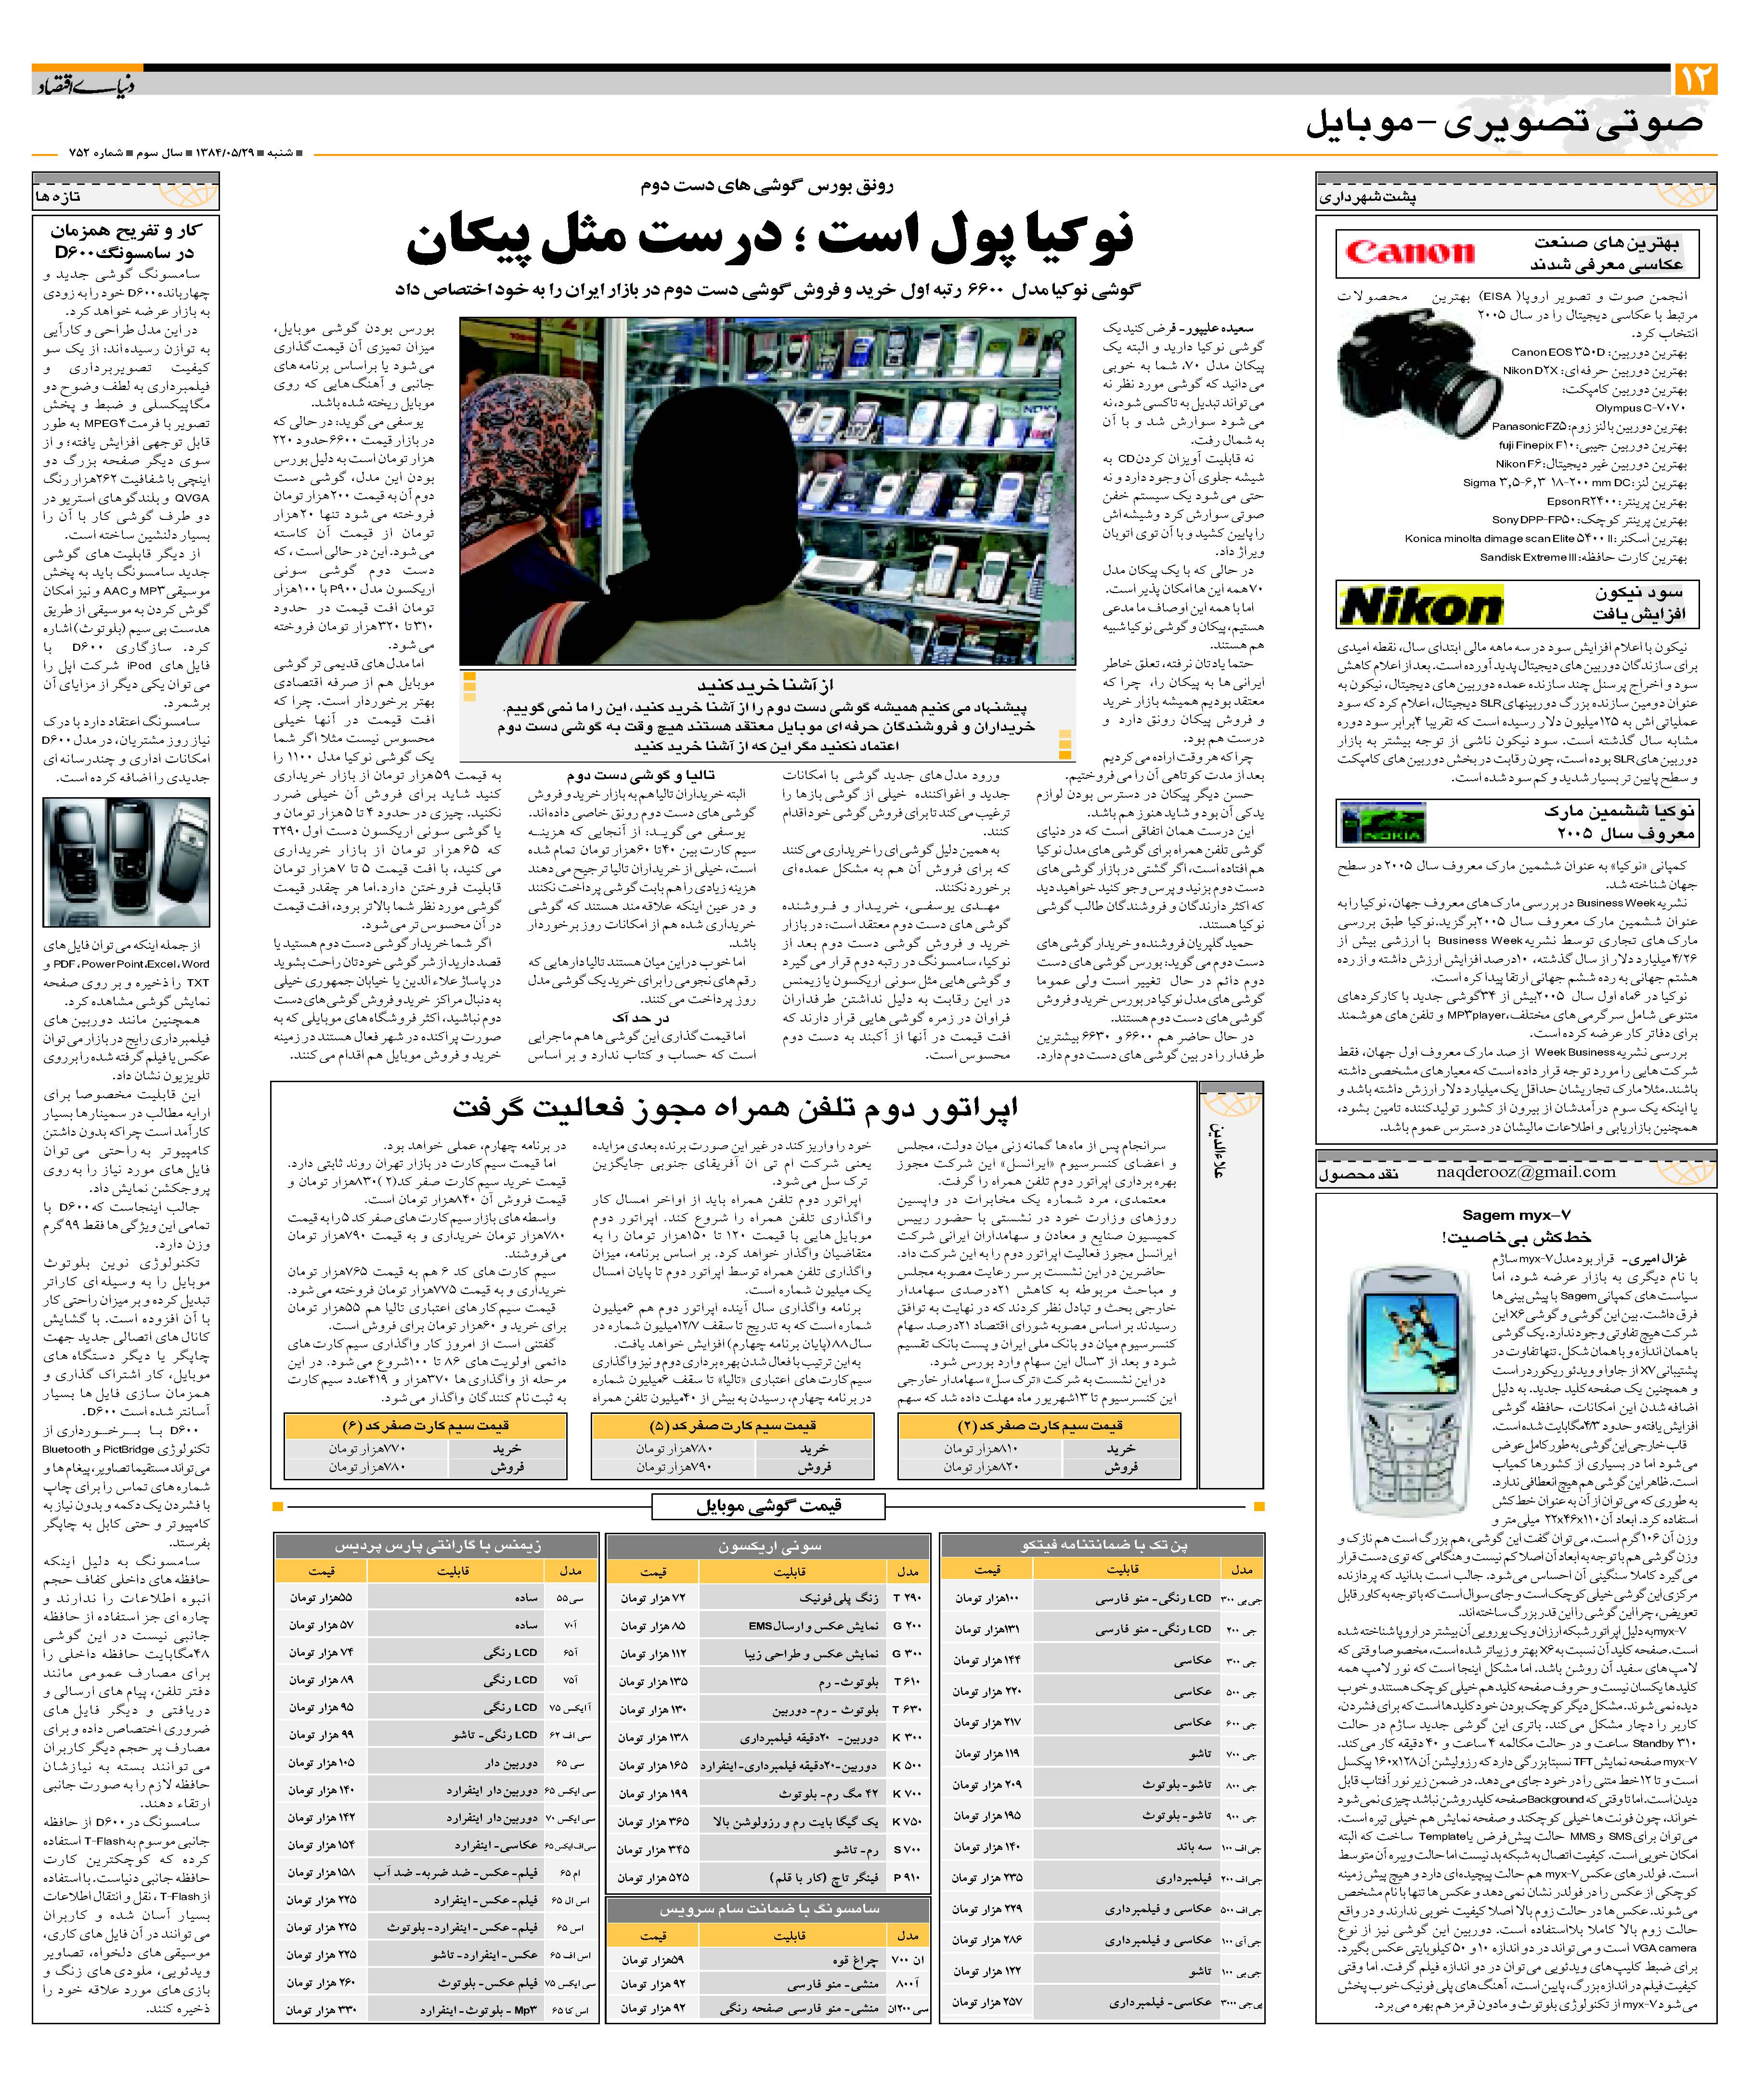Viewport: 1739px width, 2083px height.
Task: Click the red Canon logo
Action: [1410, 253]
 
